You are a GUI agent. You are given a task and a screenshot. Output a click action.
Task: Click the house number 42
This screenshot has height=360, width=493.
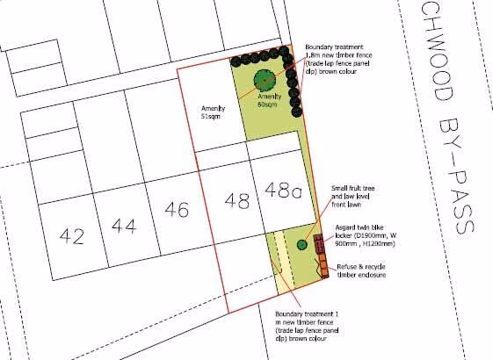(x=72, y=235)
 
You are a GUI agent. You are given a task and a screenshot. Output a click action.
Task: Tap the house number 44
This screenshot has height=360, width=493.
(x=124, y=226)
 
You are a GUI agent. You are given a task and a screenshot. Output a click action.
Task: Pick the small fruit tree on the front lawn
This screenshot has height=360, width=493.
(x=301, y=244)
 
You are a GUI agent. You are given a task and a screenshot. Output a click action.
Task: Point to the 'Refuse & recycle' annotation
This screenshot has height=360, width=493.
(x=362, y=264)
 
